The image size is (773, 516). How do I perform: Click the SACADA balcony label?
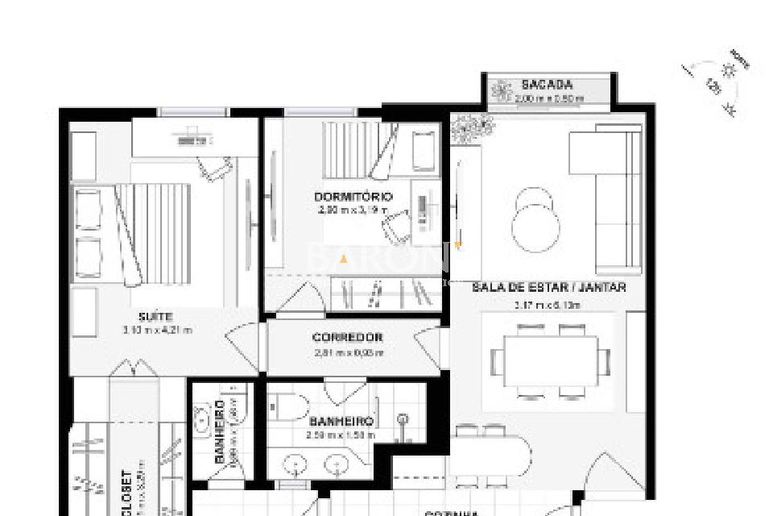point(547,85)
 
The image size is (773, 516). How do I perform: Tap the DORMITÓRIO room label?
point(353,197)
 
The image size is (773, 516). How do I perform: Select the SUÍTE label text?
point(156,317)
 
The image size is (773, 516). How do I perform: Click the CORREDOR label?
point(347,338)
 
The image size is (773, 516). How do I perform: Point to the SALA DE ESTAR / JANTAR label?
point(548,287)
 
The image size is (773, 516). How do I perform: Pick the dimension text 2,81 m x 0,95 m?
point(348,352)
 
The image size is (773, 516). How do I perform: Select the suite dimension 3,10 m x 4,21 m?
point(157,330)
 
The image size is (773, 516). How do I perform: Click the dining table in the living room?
point(551,361)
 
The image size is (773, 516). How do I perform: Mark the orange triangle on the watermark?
point(344,259)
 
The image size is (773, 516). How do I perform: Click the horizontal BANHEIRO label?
point(341,422)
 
